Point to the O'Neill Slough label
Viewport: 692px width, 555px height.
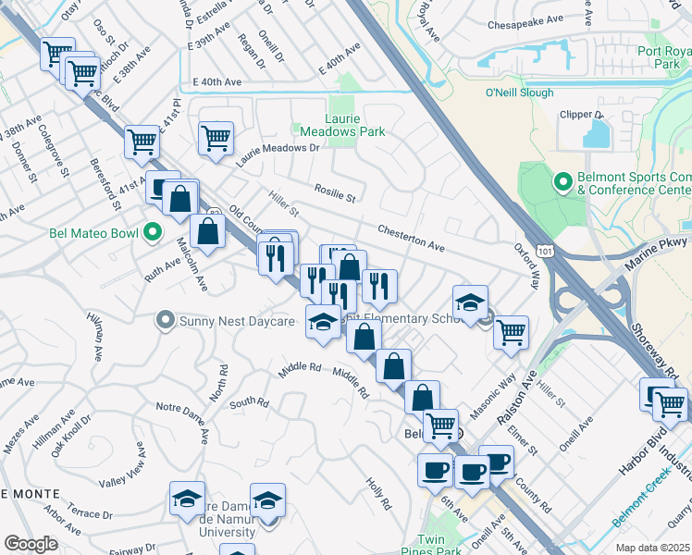(519, 92)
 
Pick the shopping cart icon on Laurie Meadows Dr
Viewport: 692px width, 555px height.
(216, 139)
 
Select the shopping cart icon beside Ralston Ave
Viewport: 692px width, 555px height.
(510, 331)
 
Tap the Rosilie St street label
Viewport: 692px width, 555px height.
(335, 196)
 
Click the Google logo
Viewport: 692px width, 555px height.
(31, 544)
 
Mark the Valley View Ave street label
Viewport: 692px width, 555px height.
(122, 468)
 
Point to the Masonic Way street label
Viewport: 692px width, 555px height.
(493, 393)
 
